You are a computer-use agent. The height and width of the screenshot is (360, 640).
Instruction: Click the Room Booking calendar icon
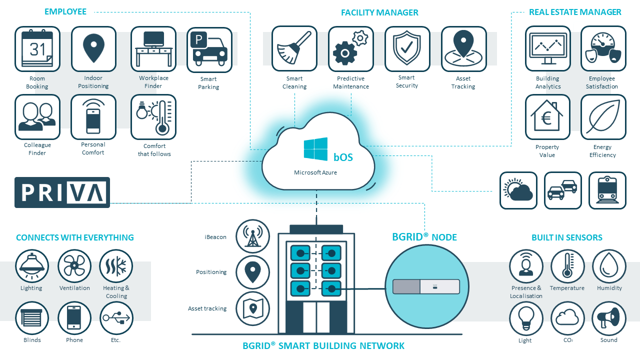point(37,49)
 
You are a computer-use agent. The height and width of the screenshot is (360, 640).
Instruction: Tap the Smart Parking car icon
point(209,50)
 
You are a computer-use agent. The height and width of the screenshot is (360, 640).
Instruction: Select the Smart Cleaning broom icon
point(294,49)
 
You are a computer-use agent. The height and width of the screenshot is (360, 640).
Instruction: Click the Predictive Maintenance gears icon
point(351,49)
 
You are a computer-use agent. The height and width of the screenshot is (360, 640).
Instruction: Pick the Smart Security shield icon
point(407,49)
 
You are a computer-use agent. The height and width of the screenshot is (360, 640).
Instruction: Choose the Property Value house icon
point(547,117)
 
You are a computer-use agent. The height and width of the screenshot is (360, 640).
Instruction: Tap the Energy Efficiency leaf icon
point(603,117)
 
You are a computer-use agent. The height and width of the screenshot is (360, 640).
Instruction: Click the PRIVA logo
point(62,192)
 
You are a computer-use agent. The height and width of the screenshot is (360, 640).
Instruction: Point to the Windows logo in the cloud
point(315,149)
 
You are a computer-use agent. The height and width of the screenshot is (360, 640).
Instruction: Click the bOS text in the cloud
point(343,157)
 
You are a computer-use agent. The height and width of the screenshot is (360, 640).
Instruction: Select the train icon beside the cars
point(607,190)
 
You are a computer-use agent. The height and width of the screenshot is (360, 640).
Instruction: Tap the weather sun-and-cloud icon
point(518,190)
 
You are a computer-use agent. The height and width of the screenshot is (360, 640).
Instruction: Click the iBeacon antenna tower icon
point(252,236)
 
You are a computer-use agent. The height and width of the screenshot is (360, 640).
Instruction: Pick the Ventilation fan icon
point(74,266)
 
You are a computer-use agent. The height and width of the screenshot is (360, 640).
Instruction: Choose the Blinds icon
point(32,318)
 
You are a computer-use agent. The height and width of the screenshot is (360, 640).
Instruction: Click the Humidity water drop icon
point(609,266)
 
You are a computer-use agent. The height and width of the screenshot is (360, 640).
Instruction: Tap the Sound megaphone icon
point(609,318)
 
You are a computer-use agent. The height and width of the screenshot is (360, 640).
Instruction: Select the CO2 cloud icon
point(567,318)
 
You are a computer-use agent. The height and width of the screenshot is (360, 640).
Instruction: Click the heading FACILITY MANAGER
point(379,12)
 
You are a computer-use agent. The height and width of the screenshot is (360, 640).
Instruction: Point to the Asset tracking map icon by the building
point(252,308)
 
